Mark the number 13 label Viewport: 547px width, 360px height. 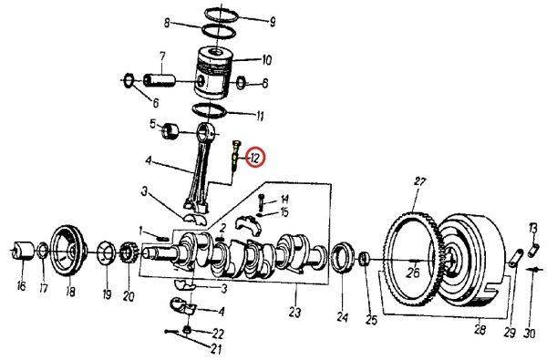pyautogui.click(x=533, y=227)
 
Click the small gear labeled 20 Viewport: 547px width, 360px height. pyautogui.click(x=127, y=252)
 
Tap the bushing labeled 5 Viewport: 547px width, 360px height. pyautogui.click(x=169, y=131)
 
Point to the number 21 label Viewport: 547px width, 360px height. pyautogui.click(x=215, y=348)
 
